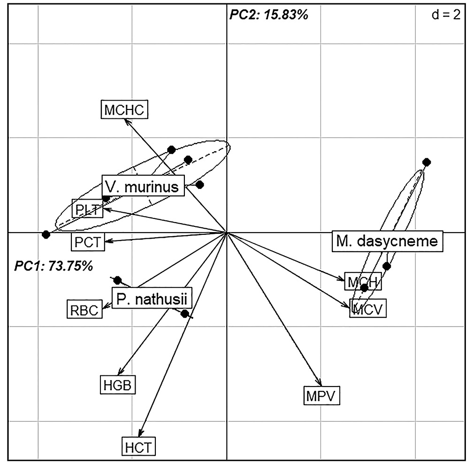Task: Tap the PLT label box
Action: click(x=87, y=208)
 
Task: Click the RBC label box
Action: click(x=84, y=309)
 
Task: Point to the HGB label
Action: click(x=118, y=385)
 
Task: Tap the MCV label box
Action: click(x=368, y=310)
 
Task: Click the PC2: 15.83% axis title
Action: click(x=268, y=15)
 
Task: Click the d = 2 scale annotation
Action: click(x=445, y=15)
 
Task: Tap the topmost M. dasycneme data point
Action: click(x=427, y=163)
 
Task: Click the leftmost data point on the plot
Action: click(x=46, y=234)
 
